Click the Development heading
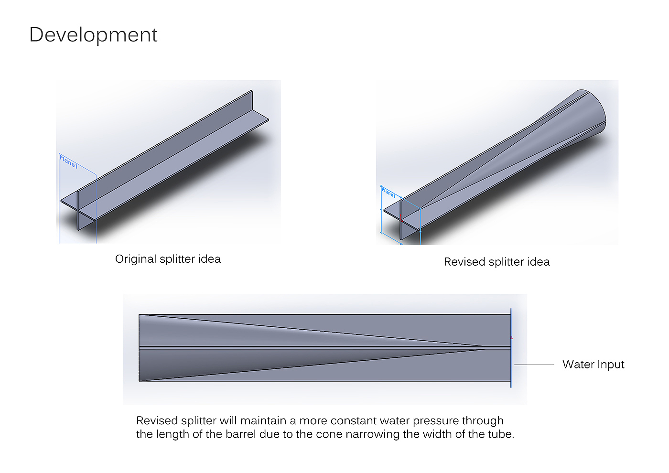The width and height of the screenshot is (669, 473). point(93,35)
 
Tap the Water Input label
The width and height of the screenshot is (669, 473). point(593,365)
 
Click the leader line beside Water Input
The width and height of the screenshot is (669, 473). point(534,365)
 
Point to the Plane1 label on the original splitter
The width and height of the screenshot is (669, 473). point(68,162)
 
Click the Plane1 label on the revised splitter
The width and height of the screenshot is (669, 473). point(388,193)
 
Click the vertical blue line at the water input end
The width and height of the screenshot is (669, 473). point(511,348)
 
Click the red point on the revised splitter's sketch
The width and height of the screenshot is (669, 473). point(400,220)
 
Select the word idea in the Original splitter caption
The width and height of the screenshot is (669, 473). point(209,259)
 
